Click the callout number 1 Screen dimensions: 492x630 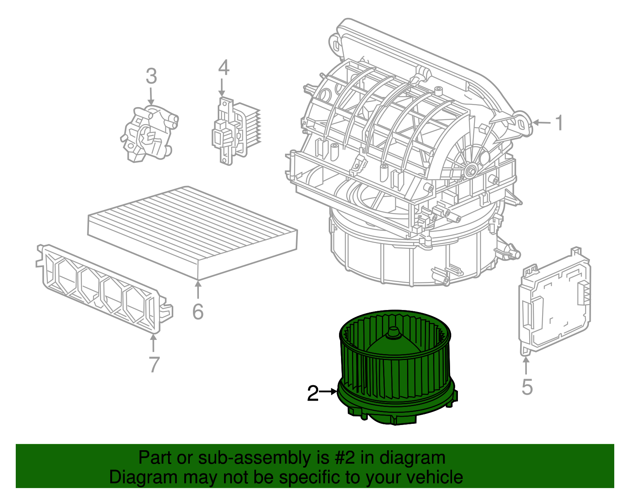click(559, 123)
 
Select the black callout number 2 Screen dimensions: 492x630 click(313, 393)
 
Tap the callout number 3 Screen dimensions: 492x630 click(151, 76)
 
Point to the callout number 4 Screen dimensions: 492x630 click(223, 68)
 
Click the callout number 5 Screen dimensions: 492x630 click(527, 386)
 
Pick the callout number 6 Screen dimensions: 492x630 click(198, 312)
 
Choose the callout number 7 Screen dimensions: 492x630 click(154, 364)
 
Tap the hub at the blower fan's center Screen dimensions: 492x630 click(393, 333)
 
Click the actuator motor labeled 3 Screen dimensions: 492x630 click(149, 134)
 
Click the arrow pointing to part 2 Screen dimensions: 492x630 click(328, 392)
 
